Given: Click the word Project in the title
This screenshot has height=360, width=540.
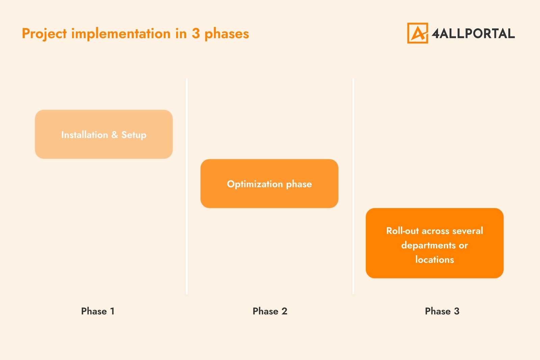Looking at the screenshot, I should (44, 34).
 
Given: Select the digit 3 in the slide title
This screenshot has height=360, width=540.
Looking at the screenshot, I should (196, 34).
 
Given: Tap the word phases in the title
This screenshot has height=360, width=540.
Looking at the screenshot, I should (227, 34).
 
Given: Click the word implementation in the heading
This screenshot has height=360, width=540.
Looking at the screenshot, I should (121, 34).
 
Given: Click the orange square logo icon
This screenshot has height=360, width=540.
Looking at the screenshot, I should (417, 33).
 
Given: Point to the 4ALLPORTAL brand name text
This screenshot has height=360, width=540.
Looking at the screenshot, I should (473, 33).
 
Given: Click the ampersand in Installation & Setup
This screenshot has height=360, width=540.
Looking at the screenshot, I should (115, 135).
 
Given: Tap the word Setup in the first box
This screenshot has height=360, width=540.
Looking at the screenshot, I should (134, 135).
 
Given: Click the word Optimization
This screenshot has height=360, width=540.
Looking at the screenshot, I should (255, 184).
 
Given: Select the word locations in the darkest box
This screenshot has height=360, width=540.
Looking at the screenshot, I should (434, 260).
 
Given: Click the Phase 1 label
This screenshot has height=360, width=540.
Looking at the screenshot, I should (98, 311).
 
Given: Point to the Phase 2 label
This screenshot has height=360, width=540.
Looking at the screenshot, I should (270, 311).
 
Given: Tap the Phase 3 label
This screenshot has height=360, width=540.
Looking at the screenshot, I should (442, 311).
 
